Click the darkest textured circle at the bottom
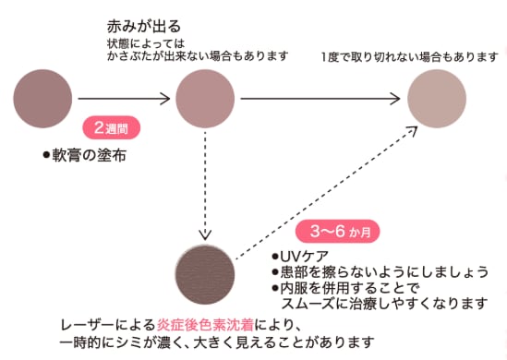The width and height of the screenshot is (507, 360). tap(205, 276)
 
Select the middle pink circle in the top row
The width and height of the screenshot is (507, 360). tap(204, 96)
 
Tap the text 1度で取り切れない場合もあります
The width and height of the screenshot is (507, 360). tap(409, 57)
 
